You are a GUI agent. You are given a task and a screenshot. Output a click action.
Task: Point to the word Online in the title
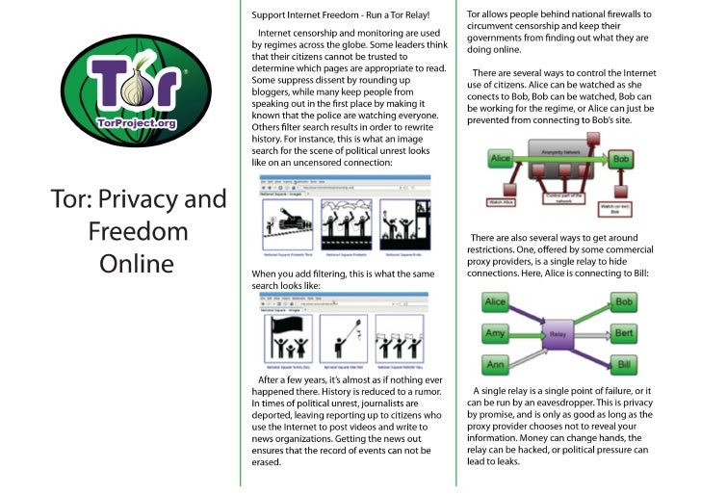click(137, 262)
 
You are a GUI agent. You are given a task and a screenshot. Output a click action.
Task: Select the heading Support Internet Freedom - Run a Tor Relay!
click(339, 16)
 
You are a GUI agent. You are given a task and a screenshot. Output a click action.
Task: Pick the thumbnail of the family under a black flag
click(285, 340)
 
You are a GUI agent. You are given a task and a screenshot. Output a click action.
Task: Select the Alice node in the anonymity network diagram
click(500, 156)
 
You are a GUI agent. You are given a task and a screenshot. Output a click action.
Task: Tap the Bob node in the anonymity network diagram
click(621, 157)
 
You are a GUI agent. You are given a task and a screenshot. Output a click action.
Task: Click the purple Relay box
click(557, 334)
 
